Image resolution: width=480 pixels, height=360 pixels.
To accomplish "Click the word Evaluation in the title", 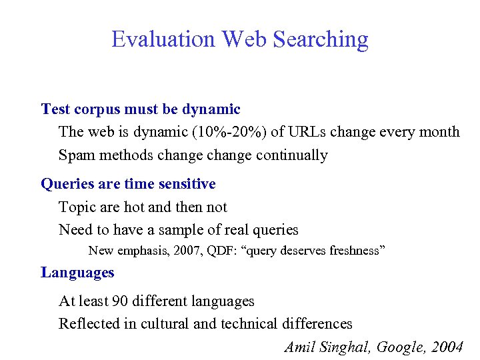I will click(x=163, y=39).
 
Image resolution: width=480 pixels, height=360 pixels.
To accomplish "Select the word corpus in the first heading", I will click(x=95, y=109).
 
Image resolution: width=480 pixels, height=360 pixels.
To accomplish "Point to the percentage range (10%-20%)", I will click(x=230, y=132).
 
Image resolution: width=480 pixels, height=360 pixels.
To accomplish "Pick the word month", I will click(x=437, y=132).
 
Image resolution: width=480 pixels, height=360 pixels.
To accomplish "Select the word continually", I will click(x=289, y=155).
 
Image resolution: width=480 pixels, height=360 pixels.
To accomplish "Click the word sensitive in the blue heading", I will click(x=185, y=183).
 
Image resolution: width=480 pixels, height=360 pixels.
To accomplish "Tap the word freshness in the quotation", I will click(x=354, y=251).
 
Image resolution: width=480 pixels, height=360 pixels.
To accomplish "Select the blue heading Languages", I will click(x=77, y=272).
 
